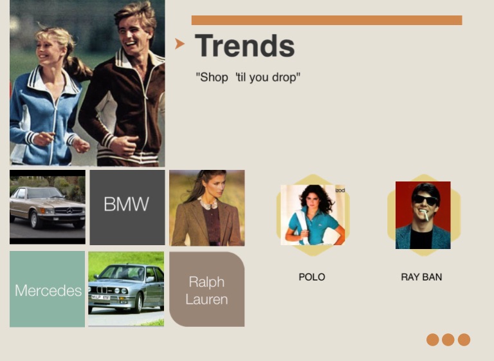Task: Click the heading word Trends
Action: point(245,46)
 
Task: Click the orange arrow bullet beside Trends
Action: point(179,44)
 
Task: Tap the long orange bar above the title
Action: point(327,20)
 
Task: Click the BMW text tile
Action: point(127,207)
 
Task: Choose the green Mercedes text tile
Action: point(47,289)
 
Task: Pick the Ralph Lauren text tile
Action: point(206,289)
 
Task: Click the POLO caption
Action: point(312,277)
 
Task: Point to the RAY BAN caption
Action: point(421,277)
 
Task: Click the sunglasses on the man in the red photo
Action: point(425,199)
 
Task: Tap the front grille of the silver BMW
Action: point(102,290)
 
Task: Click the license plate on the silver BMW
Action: point(100,297)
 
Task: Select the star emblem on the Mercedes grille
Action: point(69,210)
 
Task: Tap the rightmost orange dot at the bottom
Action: point(464,340)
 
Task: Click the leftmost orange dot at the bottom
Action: point(432,340)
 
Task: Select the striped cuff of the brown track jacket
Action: point(107,140)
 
